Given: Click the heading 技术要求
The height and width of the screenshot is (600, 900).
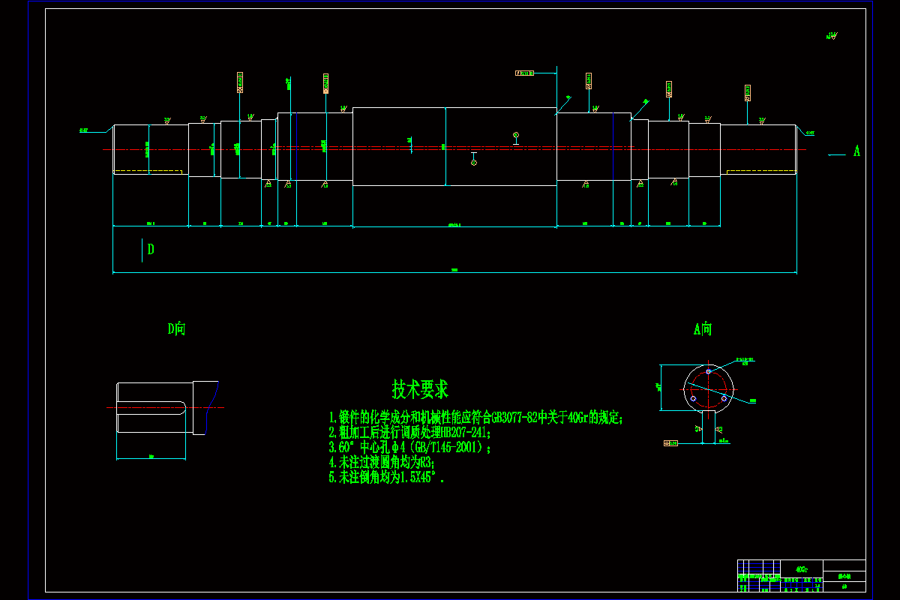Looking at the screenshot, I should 420,389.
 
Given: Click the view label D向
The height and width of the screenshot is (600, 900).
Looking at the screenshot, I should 176,328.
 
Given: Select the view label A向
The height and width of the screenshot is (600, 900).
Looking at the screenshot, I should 703,328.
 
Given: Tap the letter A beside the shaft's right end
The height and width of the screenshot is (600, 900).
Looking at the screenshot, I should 856,151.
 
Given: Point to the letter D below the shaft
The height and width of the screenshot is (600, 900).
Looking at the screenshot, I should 151,250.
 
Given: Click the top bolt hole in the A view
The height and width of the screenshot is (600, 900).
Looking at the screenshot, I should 708,371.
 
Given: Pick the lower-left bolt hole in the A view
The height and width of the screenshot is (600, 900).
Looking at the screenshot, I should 693,397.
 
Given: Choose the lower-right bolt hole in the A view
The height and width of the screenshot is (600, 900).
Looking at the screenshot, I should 724,398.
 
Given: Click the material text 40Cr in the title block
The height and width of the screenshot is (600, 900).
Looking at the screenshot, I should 802,569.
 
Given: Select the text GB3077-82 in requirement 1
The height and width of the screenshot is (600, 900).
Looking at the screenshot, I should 514,418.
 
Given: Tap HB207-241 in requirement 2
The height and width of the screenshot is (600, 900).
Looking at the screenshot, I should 463,433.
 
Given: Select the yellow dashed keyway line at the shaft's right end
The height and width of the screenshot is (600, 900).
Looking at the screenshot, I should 760,171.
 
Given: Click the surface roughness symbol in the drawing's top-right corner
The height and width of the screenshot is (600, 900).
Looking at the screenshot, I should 832,35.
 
